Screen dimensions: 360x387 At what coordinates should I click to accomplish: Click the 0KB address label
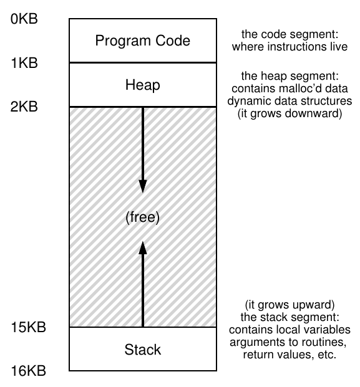click(x=24, y=19)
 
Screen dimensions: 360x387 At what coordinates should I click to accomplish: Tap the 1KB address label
click(x=24, y=63)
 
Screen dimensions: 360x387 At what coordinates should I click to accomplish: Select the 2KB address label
click(x=24, y=107)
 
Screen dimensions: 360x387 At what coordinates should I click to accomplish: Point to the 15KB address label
click(x=29, y=327)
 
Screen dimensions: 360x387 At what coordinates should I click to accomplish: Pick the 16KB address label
click(x=29, y=371)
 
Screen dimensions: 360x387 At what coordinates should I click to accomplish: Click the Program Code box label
click(x=143, y=41)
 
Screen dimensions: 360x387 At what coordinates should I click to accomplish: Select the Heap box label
click(x=143, y=85)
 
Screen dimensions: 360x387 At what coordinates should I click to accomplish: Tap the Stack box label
click(x=143, y=350)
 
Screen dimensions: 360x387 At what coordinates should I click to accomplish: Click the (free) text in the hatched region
click(x=143, y=217)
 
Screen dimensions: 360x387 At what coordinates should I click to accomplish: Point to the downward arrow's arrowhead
click(x=143, y=186)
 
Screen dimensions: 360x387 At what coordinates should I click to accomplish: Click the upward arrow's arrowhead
click(x=143, y=248)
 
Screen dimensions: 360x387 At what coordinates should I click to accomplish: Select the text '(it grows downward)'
click(x=290, y=113)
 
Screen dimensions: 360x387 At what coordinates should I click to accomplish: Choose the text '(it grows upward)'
click(x=290, y=305)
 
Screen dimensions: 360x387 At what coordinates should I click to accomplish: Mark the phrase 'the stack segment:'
click(x=290, y=317)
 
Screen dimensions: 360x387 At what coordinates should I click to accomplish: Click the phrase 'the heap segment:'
click(x=290, y=76)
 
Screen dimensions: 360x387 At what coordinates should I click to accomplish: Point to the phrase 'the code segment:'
click(x=290, y=34)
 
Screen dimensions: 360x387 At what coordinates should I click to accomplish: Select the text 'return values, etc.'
click(x=290, y=355)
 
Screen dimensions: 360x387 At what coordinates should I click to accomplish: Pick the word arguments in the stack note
click(x=255, y=342)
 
